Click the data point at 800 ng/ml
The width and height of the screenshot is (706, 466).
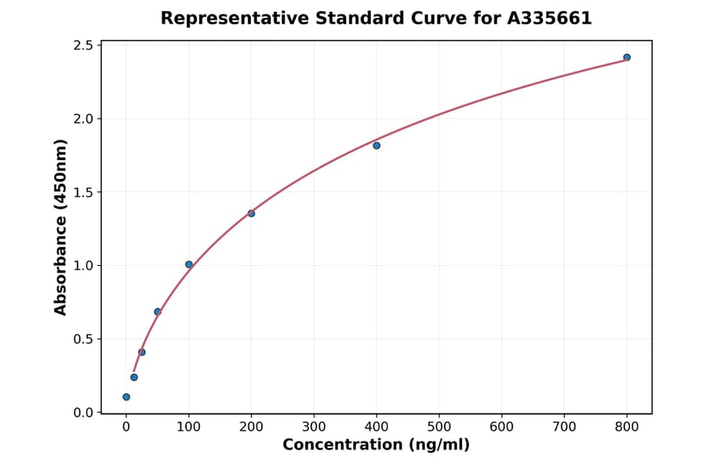627,57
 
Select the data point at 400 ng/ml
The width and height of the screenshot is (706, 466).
377,145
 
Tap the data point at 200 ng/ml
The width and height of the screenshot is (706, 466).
251,213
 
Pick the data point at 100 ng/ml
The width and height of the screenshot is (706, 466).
189,264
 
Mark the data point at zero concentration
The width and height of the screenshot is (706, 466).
126,397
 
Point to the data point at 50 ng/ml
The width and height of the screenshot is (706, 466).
158,311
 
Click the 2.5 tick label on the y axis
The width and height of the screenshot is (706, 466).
83,46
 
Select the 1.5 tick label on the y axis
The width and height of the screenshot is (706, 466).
83,192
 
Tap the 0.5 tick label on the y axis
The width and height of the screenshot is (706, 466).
83,339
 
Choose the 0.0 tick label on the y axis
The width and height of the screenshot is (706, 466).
83,413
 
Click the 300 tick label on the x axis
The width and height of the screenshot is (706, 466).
314,427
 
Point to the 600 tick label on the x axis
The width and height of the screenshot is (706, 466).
501,427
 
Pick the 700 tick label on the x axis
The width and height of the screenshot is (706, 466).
564,427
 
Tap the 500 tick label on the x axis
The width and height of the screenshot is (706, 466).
439,427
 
